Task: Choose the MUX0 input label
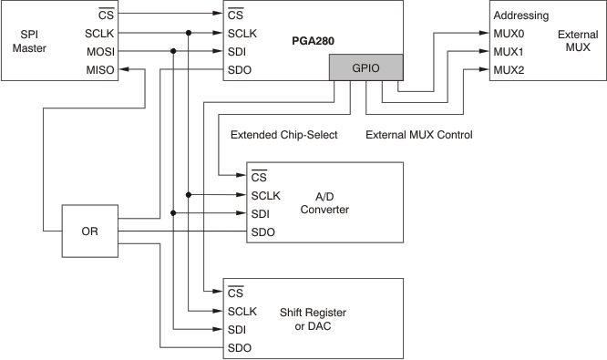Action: (509, 34)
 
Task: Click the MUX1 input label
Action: (509, 51)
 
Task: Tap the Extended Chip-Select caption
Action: (284, 135)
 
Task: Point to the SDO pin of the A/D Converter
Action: (263, 231)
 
